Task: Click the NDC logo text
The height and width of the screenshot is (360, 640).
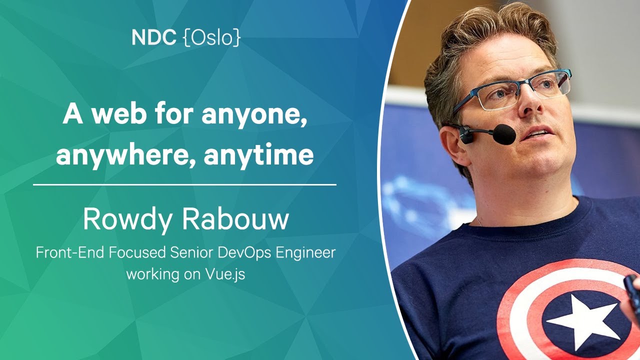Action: point(153,37)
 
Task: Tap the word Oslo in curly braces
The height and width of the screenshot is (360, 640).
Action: point(211,37)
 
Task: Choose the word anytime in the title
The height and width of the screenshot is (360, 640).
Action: point(259,155)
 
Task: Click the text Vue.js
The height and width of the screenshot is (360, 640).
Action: point(225,275)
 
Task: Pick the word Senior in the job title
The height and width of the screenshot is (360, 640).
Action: point(191,252)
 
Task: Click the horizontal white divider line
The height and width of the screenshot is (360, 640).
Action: point(184,185)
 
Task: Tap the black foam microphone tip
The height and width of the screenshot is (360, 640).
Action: point(504,134)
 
